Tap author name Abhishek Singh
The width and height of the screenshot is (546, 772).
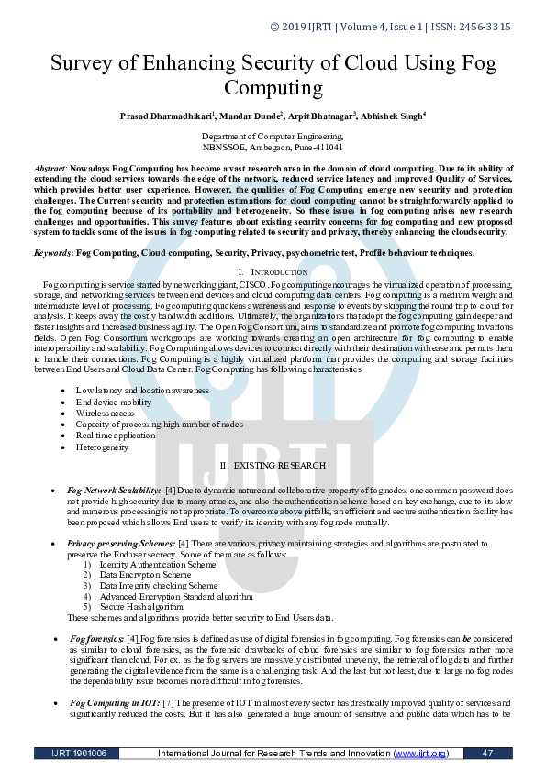(394, 116)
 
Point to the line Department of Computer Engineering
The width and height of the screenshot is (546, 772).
(273, 136)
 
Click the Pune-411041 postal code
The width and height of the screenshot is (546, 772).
(316, 147)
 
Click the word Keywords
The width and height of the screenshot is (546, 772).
(52, 252)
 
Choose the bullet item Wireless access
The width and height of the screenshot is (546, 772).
(105, 414)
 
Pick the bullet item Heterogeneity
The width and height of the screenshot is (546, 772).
(103, 447)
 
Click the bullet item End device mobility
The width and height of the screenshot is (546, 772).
(114, 403)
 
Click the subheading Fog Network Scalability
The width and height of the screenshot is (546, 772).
(116, 491)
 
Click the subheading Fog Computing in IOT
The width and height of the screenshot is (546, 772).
(116, 701)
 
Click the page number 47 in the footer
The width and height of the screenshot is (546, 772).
(487, 754)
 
